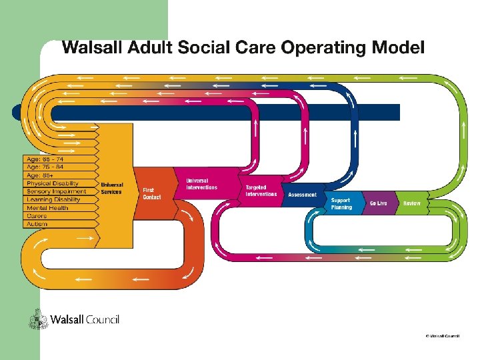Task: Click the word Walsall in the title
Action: pyautogui.click(x=90, y=48)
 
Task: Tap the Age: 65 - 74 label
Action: pyautogui.click(x=45, y=159)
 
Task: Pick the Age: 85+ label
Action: pyautogui.click(x=41, y=175)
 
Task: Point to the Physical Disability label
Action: pyautogui.click(x=53, y=183)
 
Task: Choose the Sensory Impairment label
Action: pyautogui.click(x=56, y=191)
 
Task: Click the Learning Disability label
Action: pyautogui.click(x=53, y=199)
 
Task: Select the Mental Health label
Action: pyautogui.click(x=47, y=208)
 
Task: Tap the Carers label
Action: pyautogui.click(x=37, y=216)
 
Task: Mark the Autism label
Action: pyautogui.click(x=37, y=224)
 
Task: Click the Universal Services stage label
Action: pyautogui.click(x=111, y=188)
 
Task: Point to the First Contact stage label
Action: pyautogui.click(x=152, y=193)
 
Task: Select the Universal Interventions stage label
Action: pyautogui.click(x=201, y=184)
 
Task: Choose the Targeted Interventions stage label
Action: pyautogui.click(x=261, y=191)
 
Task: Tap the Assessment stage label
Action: pyautogui.click(x=302, y=195)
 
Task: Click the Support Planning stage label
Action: pyautogui.click(x=341, y=203)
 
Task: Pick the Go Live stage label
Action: pyautogui.click(x=378, y=203)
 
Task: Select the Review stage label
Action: pyautogui.click(x=411, y=203)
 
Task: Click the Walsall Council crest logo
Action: pyautogui.click(x=37, y=320)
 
